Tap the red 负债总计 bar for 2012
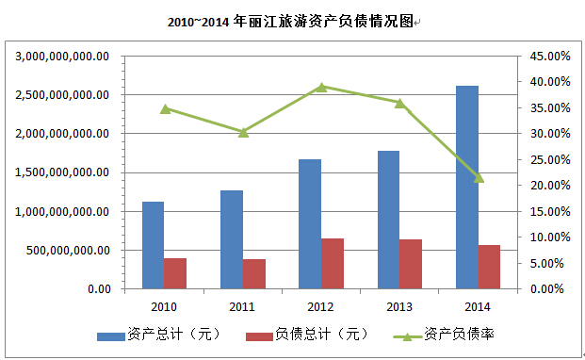332,264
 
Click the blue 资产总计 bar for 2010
153,245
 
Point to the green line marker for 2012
321,87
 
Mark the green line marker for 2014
479,177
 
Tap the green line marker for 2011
243,132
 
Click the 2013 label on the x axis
399,306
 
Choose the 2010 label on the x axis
164,306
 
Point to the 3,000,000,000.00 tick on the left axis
63,57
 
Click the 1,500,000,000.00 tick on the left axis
63,172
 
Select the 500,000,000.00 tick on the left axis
71,250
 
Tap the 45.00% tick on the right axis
550,57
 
